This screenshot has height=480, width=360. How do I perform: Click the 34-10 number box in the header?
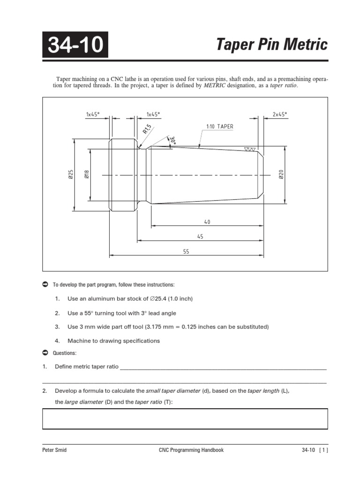[x=75, y=45]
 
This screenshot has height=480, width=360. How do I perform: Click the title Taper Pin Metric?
[x=271, y=45]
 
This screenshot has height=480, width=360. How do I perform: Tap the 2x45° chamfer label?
[x=279, y=114]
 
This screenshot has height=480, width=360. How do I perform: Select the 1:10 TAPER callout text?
[x=219, y=127]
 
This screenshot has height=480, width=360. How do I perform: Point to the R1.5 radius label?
[x=147, y=129]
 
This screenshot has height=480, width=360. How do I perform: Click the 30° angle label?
[x=172, y=140]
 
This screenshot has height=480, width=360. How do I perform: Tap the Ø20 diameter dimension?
[x=281, y=175]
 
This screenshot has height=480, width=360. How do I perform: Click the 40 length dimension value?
[x=207, y=222]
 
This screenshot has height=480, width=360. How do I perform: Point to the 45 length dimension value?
[x=200, y=237]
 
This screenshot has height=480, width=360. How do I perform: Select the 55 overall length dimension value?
[x=186, y=252]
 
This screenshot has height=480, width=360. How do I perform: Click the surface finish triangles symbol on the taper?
[x=249, y=149]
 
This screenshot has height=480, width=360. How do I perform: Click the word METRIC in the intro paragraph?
[x=215, y=86]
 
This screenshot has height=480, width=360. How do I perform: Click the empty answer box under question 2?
[x=185, y=419]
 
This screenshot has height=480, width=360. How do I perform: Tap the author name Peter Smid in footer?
[x=54, y=450]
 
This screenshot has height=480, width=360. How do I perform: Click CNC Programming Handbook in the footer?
[x=191, y=450]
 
